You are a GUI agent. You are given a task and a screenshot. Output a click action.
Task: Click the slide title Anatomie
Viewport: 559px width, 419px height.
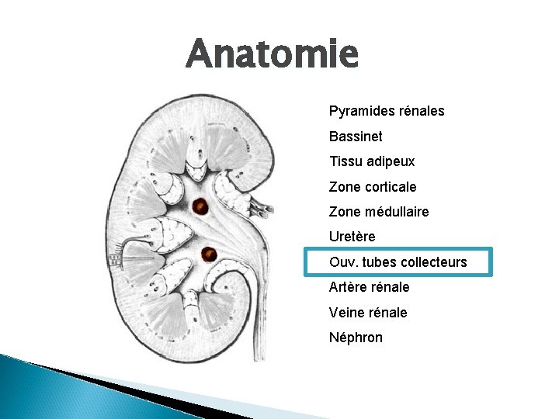point(273,54)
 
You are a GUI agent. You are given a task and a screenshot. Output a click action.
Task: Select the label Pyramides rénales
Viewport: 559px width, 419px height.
point(387,112)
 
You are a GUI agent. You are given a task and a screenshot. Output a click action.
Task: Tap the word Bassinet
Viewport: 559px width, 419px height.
point(356,137)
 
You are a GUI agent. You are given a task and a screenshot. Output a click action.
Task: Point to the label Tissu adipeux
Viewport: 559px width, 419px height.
point(372,162)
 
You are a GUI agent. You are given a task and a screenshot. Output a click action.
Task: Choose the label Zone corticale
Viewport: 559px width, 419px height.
point(373,187)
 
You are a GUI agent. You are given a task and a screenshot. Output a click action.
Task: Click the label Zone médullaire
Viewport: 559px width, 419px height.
point(379,212)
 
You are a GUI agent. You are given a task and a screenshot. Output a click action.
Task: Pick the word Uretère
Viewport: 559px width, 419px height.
point(352,237)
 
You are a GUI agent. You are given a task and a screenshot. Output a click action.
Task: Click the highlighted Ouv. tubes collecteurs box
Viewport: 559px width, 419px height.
point(398,262)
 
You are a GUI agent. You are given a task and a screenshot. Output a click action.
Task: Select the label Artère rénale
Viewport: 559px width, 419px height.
point(370,287)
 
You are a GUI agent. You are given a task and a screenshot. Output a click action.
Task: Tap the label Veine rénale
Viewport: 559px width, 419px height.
point(368,313)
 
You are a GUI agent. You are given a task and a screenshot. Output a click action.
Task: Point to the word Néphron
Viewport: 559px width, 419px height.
point(356,338)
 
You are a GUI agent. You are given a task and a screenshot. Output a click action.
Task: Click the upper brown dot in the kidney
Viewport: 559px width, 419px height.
point(200,206)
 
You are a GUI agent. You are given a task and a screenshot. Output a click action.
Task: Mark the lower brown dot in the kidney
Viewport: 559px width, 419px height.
point(208,254)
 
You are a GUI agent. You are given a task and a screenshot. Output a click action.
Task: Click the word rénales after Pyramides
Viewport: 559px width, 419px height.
point(421,112)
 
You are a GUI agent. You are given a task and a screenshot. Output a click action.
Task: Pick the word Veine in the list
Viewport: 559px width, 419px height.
point(345,313)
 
